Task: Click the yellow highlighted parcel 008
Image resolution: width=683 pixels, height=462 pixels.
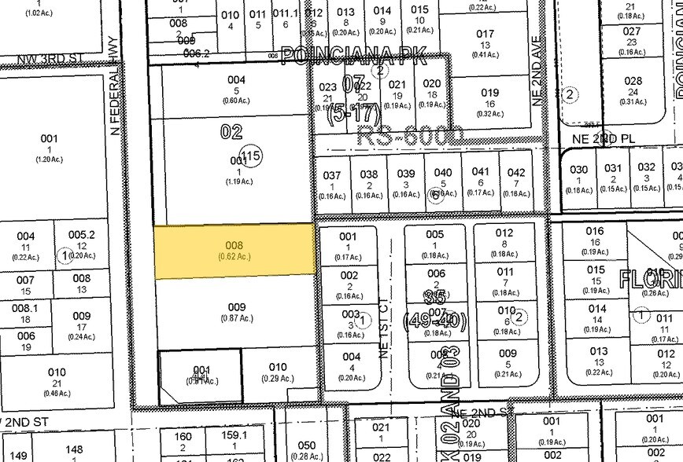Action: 235,251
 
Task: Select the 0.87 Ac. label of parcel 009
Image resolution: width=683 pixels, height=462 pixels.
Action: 236,317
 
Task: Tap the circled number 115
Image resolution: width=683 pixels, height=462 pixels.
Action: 251,157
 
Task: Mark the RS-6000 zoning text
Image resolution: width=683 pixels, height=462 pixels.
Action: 409,134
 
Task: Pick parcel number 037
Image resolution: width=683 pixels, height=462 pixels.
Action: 333,174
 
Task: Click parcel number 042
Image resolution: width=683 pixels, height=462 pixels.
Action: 516,172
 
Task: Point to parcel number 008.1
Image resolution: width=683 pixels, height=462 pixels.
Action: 25,309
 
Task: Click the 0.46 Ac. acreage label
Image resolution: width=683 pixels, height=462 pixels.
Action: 57,383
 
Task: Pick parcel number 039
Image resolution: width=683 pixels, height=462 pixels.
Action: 405,174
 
